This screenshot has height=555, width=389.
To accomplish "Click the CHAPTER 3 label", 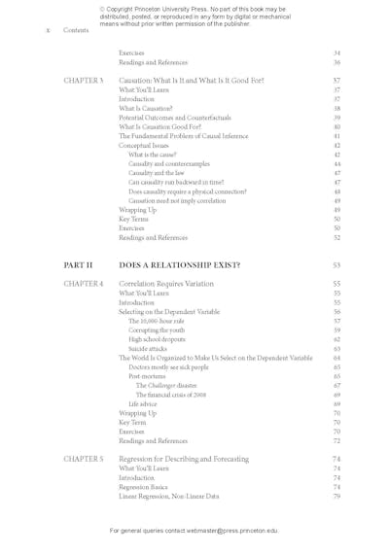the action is (x=83, y=81).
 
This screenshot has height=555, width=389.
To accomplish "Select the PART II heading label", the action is (x=78, y=264).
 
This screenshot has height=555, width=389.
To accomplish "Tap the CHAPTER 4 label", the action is (x=83, y=284).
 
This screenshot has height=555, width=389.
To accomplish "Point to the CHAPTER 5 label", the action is (x=83, y=459).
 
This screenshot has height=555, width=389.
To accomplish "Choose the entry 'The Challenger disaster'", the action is (x=166, y=386).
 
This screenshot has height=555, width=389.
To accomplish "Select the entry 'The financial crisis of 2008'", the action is (x=171, y=395).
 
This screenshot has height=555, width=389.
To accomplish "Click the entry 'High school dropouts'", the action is (x=157, y=339).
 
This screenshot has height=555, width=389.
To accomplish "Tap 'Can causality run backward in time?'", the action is (x=176, y=182).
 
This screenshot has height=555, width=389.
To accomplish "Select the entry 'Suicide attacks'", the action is (x=148, y=348).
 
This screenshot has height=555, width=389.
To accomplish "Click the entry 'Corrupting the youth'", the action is (x=156, y=330).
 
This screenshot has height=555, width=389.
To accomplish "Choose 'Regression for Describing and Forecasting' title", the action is (x=184, y=459).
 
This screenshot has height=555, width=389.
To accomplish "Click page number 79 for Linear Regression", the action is (x=336, y=496).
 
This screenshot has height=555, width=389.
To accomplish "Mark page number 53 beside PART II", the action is (x=336, y=264).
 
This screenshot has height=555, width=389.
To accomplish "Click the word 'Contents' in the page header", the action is (x=76, y=30).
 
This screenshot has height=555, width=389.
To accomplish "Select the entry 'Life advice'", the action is (x=141, y=404).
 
